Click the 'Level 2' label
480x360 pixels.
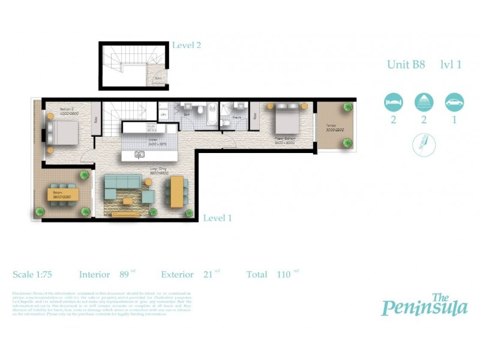pos(187,45)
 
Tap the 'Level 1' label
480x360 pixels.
pos(217,218)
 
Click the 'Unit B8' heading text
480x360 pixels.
pos(406,65)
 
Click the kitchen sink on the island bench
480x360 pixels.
pos(139,155)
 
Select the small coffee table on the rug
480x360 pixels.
pos(127,200)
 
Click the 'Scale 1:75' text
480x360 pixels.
pos(32,274)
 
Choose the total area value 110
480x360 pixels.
pos(284,274)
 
